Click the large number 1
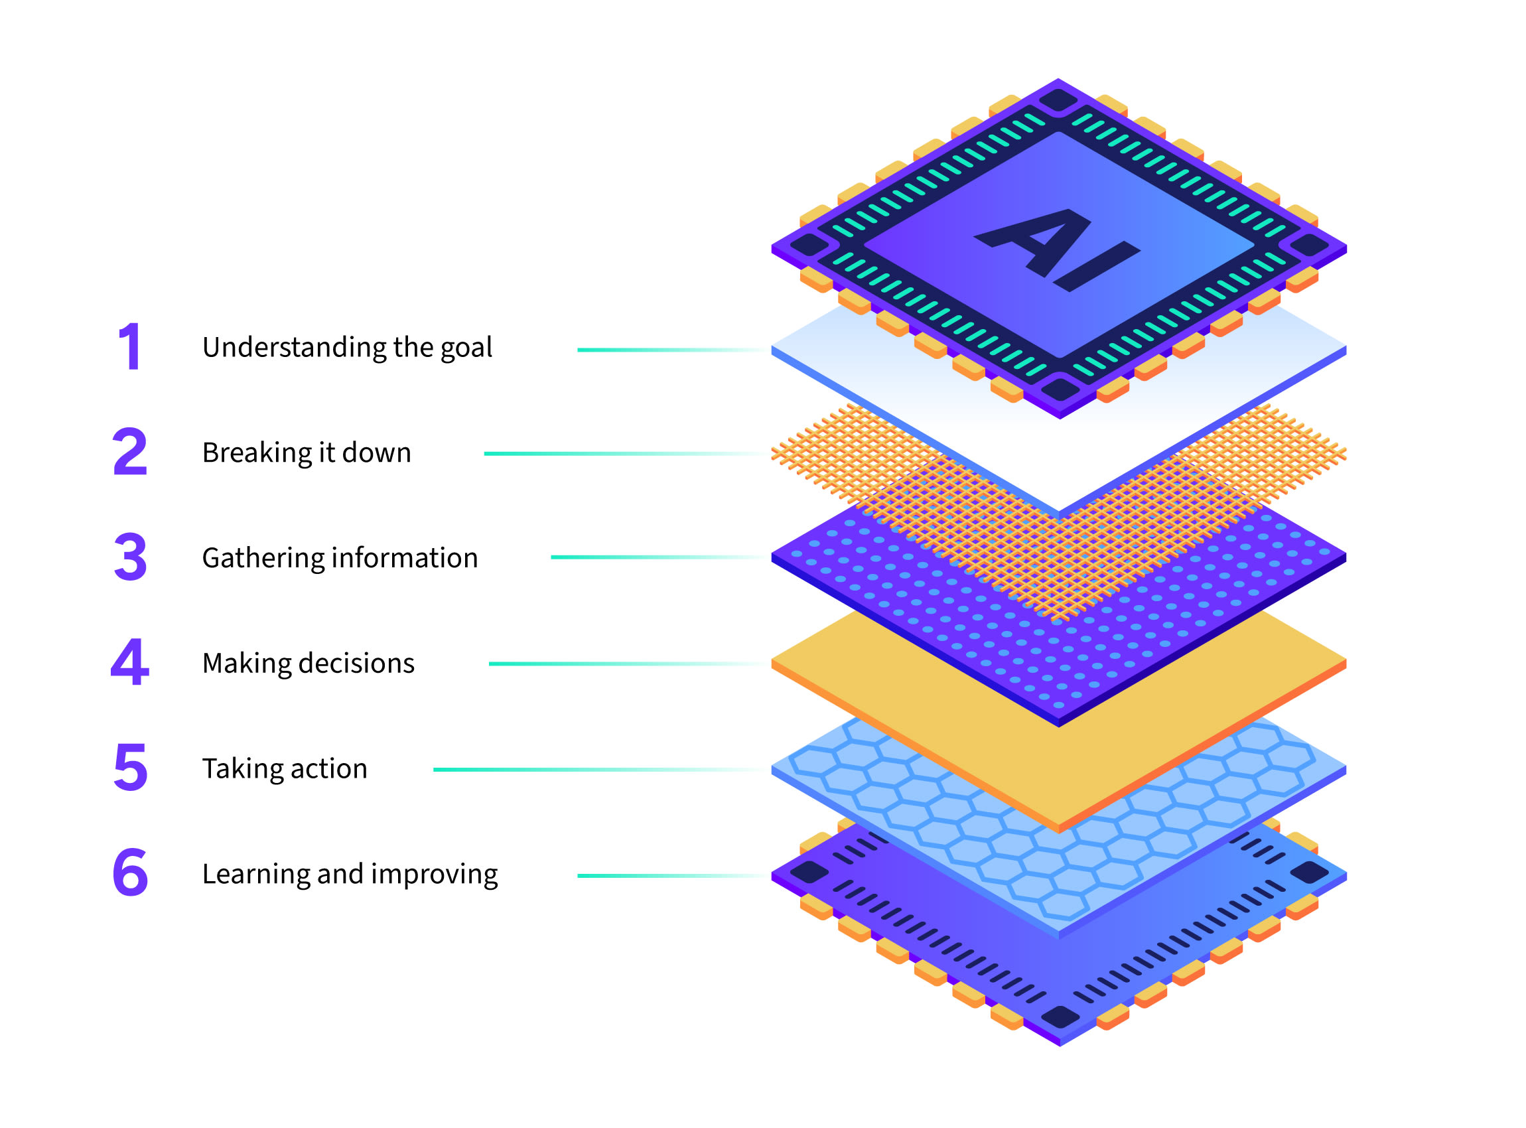(x=131, y=347)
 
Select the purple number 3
(x=131, y=557)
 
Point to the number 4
(x=130, y=662)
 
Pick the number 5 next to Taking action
(x=131, y=768)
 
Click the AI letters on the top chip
(x=1056, y=249)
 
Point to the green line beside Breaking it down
(x=614, y=453)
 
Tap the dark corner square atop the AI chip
(x=1058, y=100)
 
